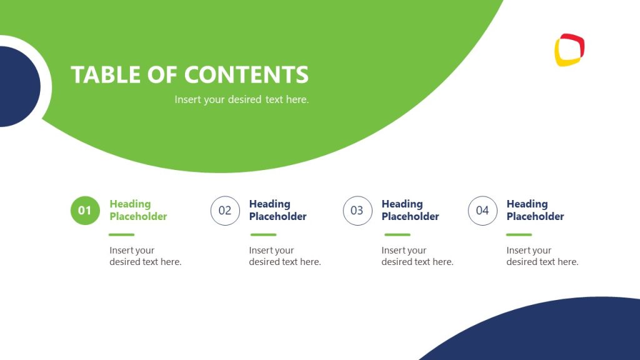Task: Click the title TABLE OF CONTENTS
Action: pyautogui.click(x=189, y=74)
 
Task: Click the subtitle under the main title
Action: pyautogui.click(x=241, y=99)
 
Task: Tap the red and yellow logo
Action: pyautogui.click(x=569, y=50)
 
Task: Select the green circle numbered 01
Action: pyautogui.click(x=85, y=211)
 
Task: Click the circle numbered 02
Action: pyautogui.click(x=225, y=211)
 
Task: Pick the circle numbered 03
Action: pyautogui.click(x=357, y=211)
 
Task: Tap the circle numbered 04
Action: pyautogui.click(x=482, y=211)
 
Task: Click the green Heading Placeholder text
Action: pyautogui.click(x=138, y=210)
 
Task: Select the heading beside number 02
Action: pyautogui.click(x=277, y=210)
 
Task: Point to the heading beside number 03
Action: pyautogui.click(x=410, y=210)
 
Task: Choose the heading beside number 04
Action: pyautogui.click(x=535, y=210)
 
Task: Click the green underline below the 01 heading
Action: pyautogui.click(x=122, y=235)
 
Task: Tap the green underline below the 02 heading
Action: pyautogui.click(x=263, y=235)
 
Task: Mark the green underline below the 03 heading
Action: pyautogui.click(x=397, y=235)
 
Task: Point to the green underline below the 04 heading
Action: pyautogui.click(x=519, y=235)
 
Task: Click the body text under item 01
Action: pyautogui.click(x=145, y=256)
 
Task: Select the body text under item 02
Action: pyautogui.click(x=284, y=256)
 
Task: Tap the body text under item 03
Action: pyautogui.click(x=417, y=256)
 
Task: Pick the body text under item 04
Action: pyautogui.click(x=542, y=256)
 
